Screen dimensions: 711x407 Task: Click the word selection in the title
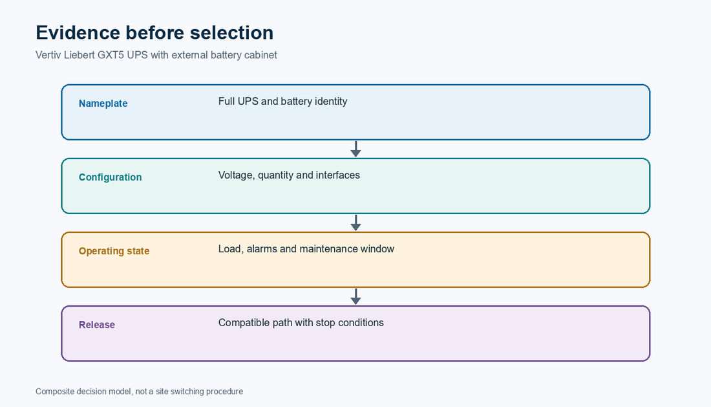[x=231, y=32]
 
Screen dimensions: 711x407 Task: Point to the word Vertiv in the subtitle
[x=48, y=55]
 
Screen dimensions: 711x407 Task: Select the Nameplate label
[x=103, y=104]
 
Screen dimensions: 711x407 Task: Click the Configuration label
[x=110, y=177]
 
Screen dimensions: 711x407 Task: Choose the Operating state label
[x=114, y=251]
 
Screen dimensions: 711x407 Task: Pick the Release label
[x=96, y=325]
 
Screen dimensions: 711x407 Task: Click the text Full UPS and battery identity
[x=283, y=101]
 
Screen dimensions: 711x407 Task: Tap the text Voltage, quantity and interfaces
[x=290, y=175]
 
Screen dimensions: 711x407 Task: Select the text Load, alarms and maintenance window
[x=306, y=249]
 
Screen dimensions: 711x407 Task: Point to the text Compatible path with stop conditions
[x=301, y=323]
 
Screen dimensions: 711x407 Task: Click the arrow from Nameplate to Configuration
[x=356, y=149]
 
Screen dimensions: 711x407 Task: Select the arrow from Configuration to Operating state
[x=356, y=223]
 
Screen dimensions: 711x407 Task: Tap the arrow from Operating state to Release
[x=356, y=296]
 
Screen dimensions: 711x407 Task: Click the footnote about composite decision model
[x=139, y=391]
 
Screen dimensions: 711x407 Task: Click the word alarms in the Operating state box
[x=262, y=249]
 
